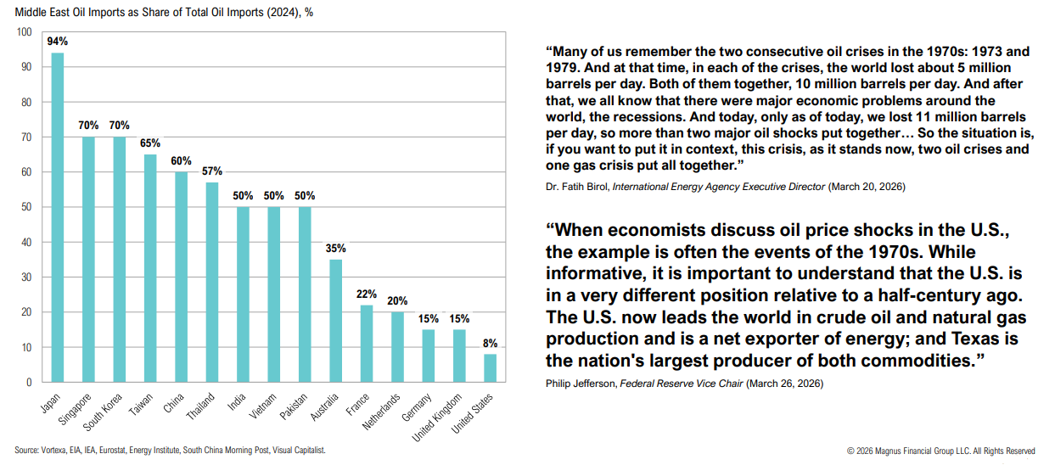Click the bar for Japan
(58, 217)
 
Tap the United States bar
(490, 368)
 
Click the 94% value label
(58, 42)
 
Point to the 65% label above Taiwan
(150, 143)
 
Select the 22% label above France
(366, 294)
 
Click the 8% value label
(490, 343)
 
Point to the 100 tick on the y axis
(24, 32)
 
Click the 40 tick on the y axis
(26, 243)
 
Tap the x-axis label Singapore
(76, 411)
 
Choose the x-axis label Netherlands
(382, 413)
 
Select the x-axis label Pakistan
(293, 408)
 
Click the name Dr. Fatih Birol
(576, 186)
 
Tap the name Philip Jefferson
(581, 383)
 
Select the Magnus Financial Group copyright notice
(940, 451)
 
